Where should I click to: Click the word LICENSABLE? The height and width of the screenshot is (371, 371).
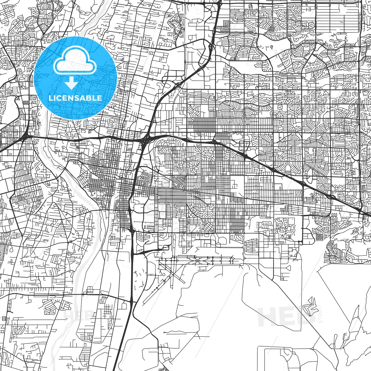click(x=75, y=98)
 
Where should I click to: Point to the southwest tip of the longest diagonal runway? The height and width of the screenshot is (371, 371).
click(x=144, y=302)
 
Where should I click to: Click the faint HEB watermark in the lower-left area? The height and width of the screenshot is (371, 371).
click(x=75, y=316)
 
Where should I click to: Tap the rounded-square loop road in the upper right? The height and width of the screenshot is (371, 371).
click(x=311, y=25)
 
